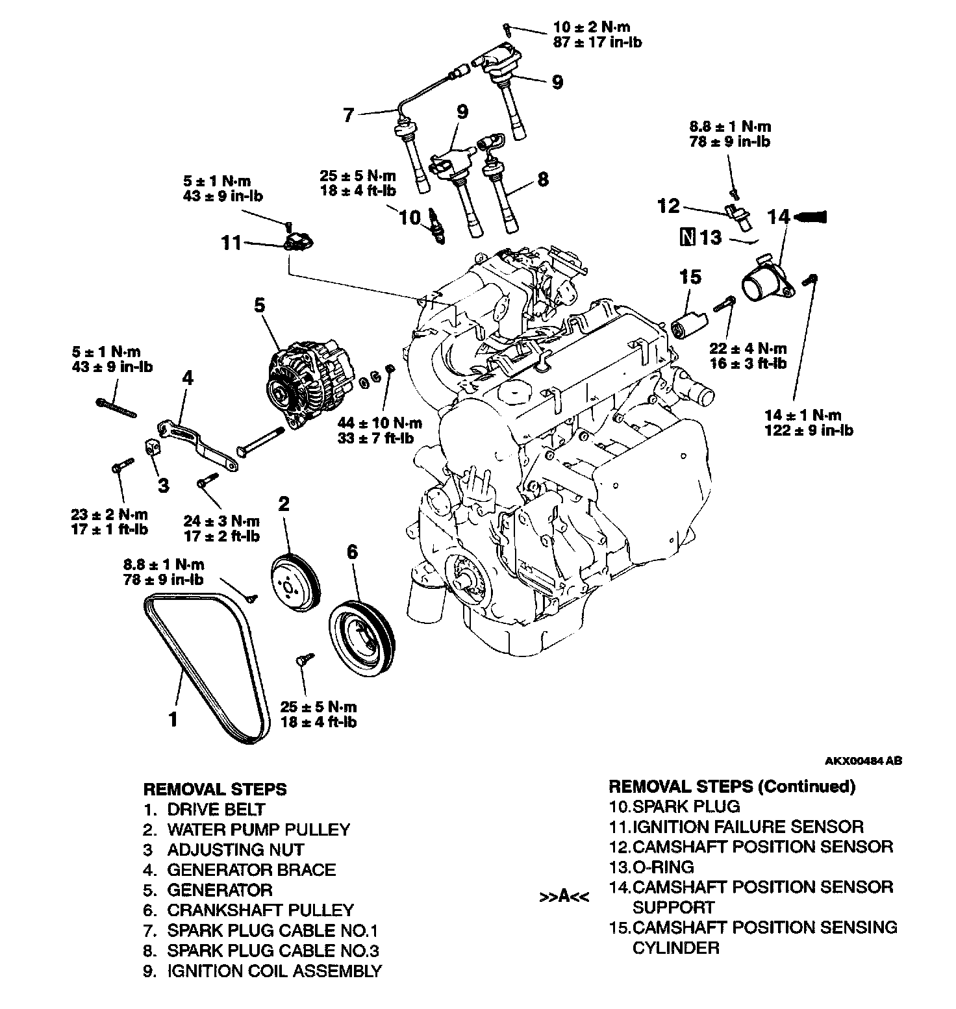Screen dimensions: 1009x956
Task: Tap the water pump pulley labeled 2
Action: point(294,580)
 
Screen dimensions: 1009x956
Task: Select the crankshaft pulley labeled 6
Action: point(361,639)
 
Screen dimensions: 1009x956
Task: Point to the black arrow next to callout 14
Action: point(812,217)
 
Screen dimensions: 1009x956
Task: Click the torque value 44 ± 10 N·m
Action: point(380,423)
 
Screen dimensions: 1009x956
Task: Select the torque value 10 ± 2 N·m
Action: point(591,27)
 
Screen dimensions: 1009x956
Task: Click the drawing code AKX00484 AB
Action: point(863,761)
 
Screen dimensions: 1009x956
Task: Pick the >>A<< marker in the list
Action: point(564,897)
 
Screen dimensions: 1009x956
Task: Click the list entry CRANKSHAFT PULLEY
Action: point(260,910)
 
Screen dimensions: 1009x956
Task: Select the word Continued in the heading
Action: point(805,786)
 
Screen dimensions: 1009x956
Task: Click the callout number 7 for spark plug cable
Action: point(349,116)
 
